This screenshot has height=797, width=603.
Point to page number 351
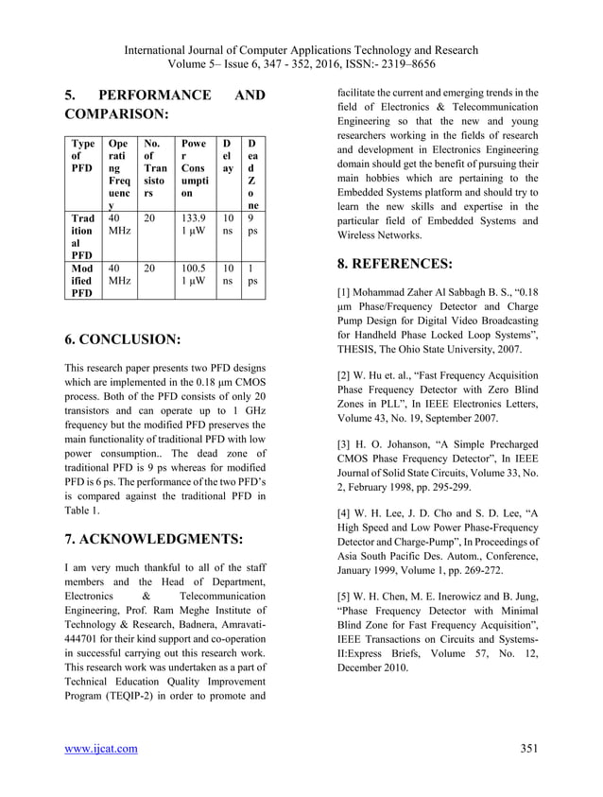coord(529,750)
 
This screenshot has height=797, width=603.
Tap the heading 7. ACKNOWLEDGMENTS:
coord(153,540)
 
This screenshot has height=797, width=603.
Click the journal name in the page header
coord(301,50)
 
